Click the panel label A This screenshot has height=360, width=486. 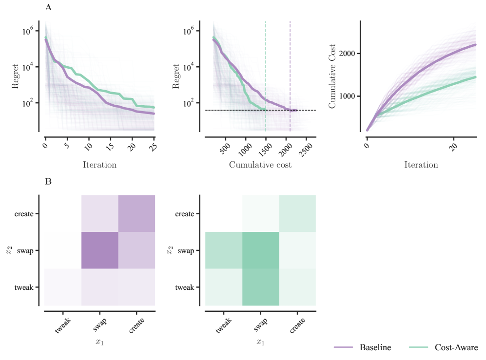pyautogui.click(x=48, y=7)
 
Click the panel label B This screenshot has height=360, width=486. pyautogui.click(x=48, y=182)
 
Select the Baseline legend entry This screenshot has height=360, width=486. pyautogui.click(x=375, y=347)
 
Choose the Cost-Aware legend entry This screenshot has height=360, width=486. pyautogui.click(x=456, y=347)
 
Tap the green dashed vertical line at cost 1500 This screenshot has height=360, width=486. pyautogui.click(x=265, y=73)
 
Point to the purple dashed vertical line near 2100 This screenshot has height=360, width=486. pyautogui.click(x=290, y=73)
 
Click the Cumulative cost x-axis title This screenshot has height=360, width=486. pyautogui.click(x=260, y=165)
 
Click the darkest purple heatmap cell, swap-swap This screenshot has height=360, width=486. pyautogui.click(x=99, y=250)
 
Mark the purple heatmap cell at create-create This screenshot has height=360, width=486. pyautogui.click(x=136, y=213)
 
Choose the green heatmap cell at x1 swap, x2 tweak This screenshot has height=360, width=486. pyautogui.click(x=260, y=287)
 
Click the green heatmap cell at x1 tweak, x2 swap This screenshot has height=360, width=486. pyautogui.click(x=223, y=250)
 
